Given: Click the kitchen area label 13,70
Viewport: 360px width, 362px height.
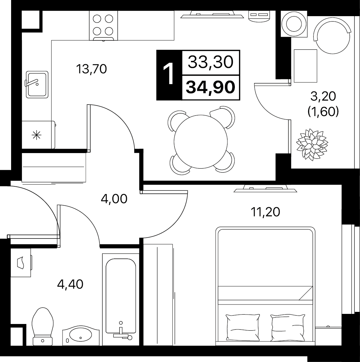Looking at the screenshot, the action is [x=92, y=69].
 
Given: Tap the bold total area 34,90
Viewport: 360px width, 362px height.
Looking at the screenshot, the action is [x=210, y=87].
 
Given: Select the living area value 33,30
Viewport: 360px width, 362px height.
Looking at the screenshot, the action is [x=210, y=62].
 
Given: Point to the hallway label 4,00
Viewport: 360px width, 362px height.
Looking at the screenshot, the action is [x=114, y=199].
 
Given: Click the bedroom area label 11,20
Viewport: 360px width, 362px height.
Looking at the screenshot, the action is [x=265, y=212].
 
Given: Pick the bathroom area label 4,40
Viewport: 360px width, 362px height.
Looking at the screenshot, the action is [x=70, y=284].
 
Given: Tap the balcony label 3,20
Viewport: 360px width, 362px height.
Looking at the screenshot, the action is [x=323, y=96].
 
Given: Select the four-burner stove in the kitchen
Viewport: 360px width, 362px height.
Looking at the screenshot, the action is [x=103, y=26].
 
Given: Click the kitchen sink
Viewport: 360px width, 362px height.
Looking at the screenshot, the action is [x=37, y=84].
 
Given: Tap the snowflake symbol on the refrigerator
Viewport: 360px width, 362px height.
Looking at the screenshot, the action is [x=37, y=135].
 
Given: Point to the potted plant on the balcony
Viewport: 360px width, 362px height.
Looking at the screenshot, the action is [x=312, y=145].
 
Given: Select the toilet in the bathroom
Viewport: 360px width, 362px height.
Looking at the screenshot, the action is [x=43, y=326].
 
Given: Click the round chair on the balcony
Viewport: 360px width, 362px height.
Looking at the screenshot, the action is [x=332, y=35].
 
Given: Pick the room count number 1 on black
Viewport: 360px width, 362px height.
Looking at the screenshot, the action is [x=169, y=75].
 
